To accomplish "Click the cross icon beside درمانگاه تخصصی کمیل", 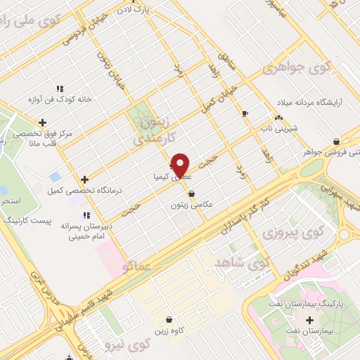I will pyautogui.click(x=84, y=180).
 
